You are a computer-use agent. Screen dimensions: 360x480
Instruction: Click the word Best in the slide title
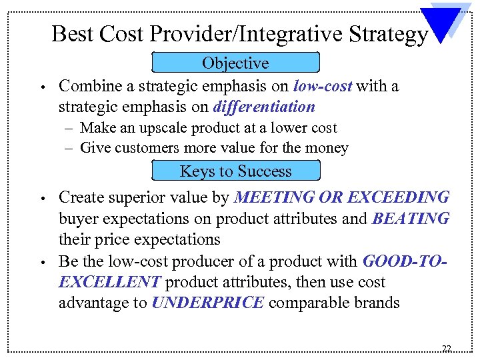[69, 33]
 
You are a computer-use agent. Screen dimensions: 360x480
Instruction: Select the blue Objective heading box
[236, 63]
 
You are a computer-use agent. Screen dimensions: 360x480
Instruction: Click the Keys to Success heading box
[236, 171]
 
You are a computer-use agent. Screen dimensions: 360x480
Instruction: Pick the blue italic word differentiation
[263, 107]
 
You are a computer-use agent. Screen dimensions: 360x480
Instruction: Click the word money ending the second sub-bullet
[328, 148]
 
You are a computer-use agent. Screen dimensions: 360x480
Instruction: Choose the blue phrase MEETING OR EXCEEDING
[343, 197]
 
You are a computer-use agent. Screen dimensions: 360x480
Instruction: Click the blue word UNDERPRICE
[209, 303]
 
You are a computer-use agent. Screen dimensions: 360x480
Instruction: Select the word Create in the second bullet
[80, 197]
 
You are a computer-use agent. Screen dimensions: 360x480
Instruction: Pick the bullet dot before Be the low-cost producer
[41, 262]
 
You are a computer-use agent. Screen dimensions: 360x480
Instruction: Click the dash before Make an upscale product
[68, 128]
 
